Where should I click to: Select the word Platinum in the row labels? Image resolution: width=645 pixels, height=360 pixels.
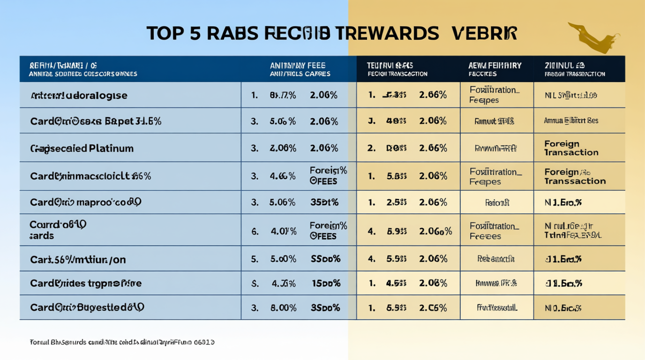(112, 149)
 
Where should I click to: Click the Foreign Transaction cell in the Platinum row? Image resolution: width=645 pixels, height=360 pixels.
(571, 148)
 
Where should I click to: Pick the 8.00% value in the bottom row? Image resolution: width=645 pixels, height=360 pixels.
(283, 308)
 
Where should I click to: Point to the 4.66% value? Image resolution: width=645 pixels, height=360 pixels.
(283, 176)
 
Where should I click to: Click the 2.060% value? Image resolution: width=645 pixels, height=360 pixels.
(435, 231)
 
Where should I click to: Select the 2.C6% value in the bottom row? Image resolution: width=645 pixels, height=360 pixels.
(433, 308)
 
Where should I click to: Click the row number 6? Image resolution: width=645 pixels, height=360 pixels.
(255, 231)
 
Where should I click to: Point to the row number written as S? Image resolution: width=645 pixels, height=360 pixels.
(255, 283)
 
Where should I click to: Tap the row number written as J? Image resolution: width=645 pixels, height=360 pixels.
(371, 121)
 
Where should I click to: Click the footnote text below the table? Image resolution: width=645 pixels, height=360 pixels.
(122, 342)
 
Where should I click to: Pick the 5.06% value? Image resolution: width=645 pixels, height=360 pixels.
(283, 202)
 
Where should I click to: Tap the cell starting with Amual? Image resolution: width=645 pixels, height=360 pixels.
(571, 121)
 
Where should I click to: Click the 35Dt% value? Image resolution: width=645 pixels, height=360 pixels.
(324, 202)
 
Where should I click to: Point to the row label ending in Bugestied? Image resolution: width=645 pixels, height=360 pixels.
(87, 308)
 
